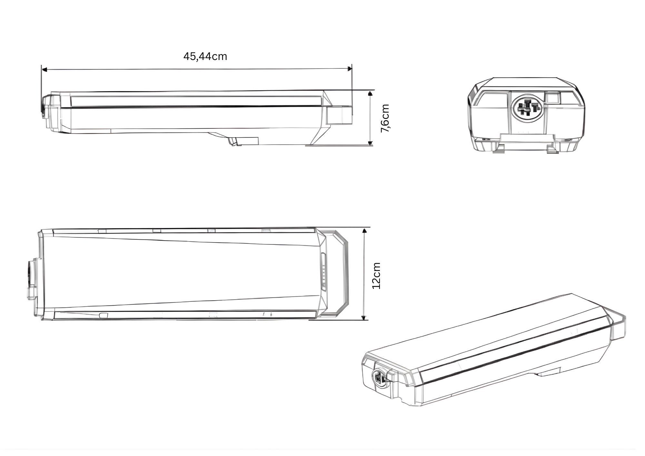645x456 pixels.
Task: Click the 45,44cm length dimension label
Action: (205, 56)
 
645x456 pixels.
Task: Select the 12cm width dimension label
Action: (376, 276)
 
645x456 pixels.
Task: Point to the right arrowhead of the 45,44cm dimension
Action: (349, 68)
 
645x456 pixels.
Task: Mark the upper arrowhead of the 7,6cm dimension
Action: (370, 94)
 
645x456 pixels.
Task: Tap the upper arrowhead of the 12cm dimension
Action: (364, 230)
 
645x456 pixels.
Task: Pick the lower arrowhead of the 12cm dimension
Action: (364, 318)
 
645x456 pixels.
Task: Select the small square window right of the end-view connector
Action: (552, 97)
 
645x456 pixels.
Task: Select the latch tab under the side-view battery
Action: (244, 141)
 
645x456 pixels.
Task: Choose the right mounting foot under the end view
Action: (552, 149)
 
